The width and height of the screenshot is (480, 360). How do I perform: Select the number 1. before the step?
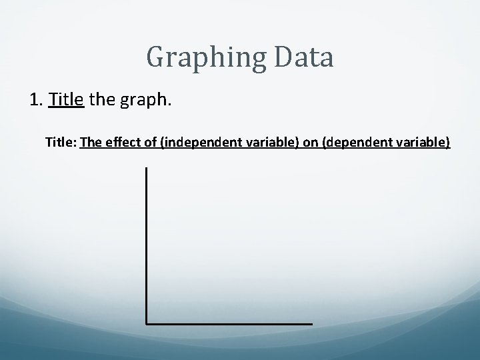coord(37,101)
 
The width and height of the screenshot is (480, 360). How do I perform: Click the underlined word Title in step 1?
coord(66,101)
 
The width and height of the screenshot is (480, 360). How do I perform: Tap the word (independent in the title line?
coord(195,143)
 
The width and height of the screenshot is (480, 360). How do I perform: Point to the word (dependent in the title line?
coord(351,143)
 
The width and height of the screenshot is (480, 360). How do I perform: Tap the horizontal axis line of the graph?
coord(229,323)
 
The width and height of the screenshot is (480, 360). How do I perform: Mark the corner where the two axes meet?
coord(146,323)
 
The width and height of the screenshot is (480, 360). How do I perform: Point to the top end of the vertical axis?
coord(146,169)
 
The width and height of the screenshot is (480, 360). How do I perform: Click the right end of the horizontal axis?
coord(311,323)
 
